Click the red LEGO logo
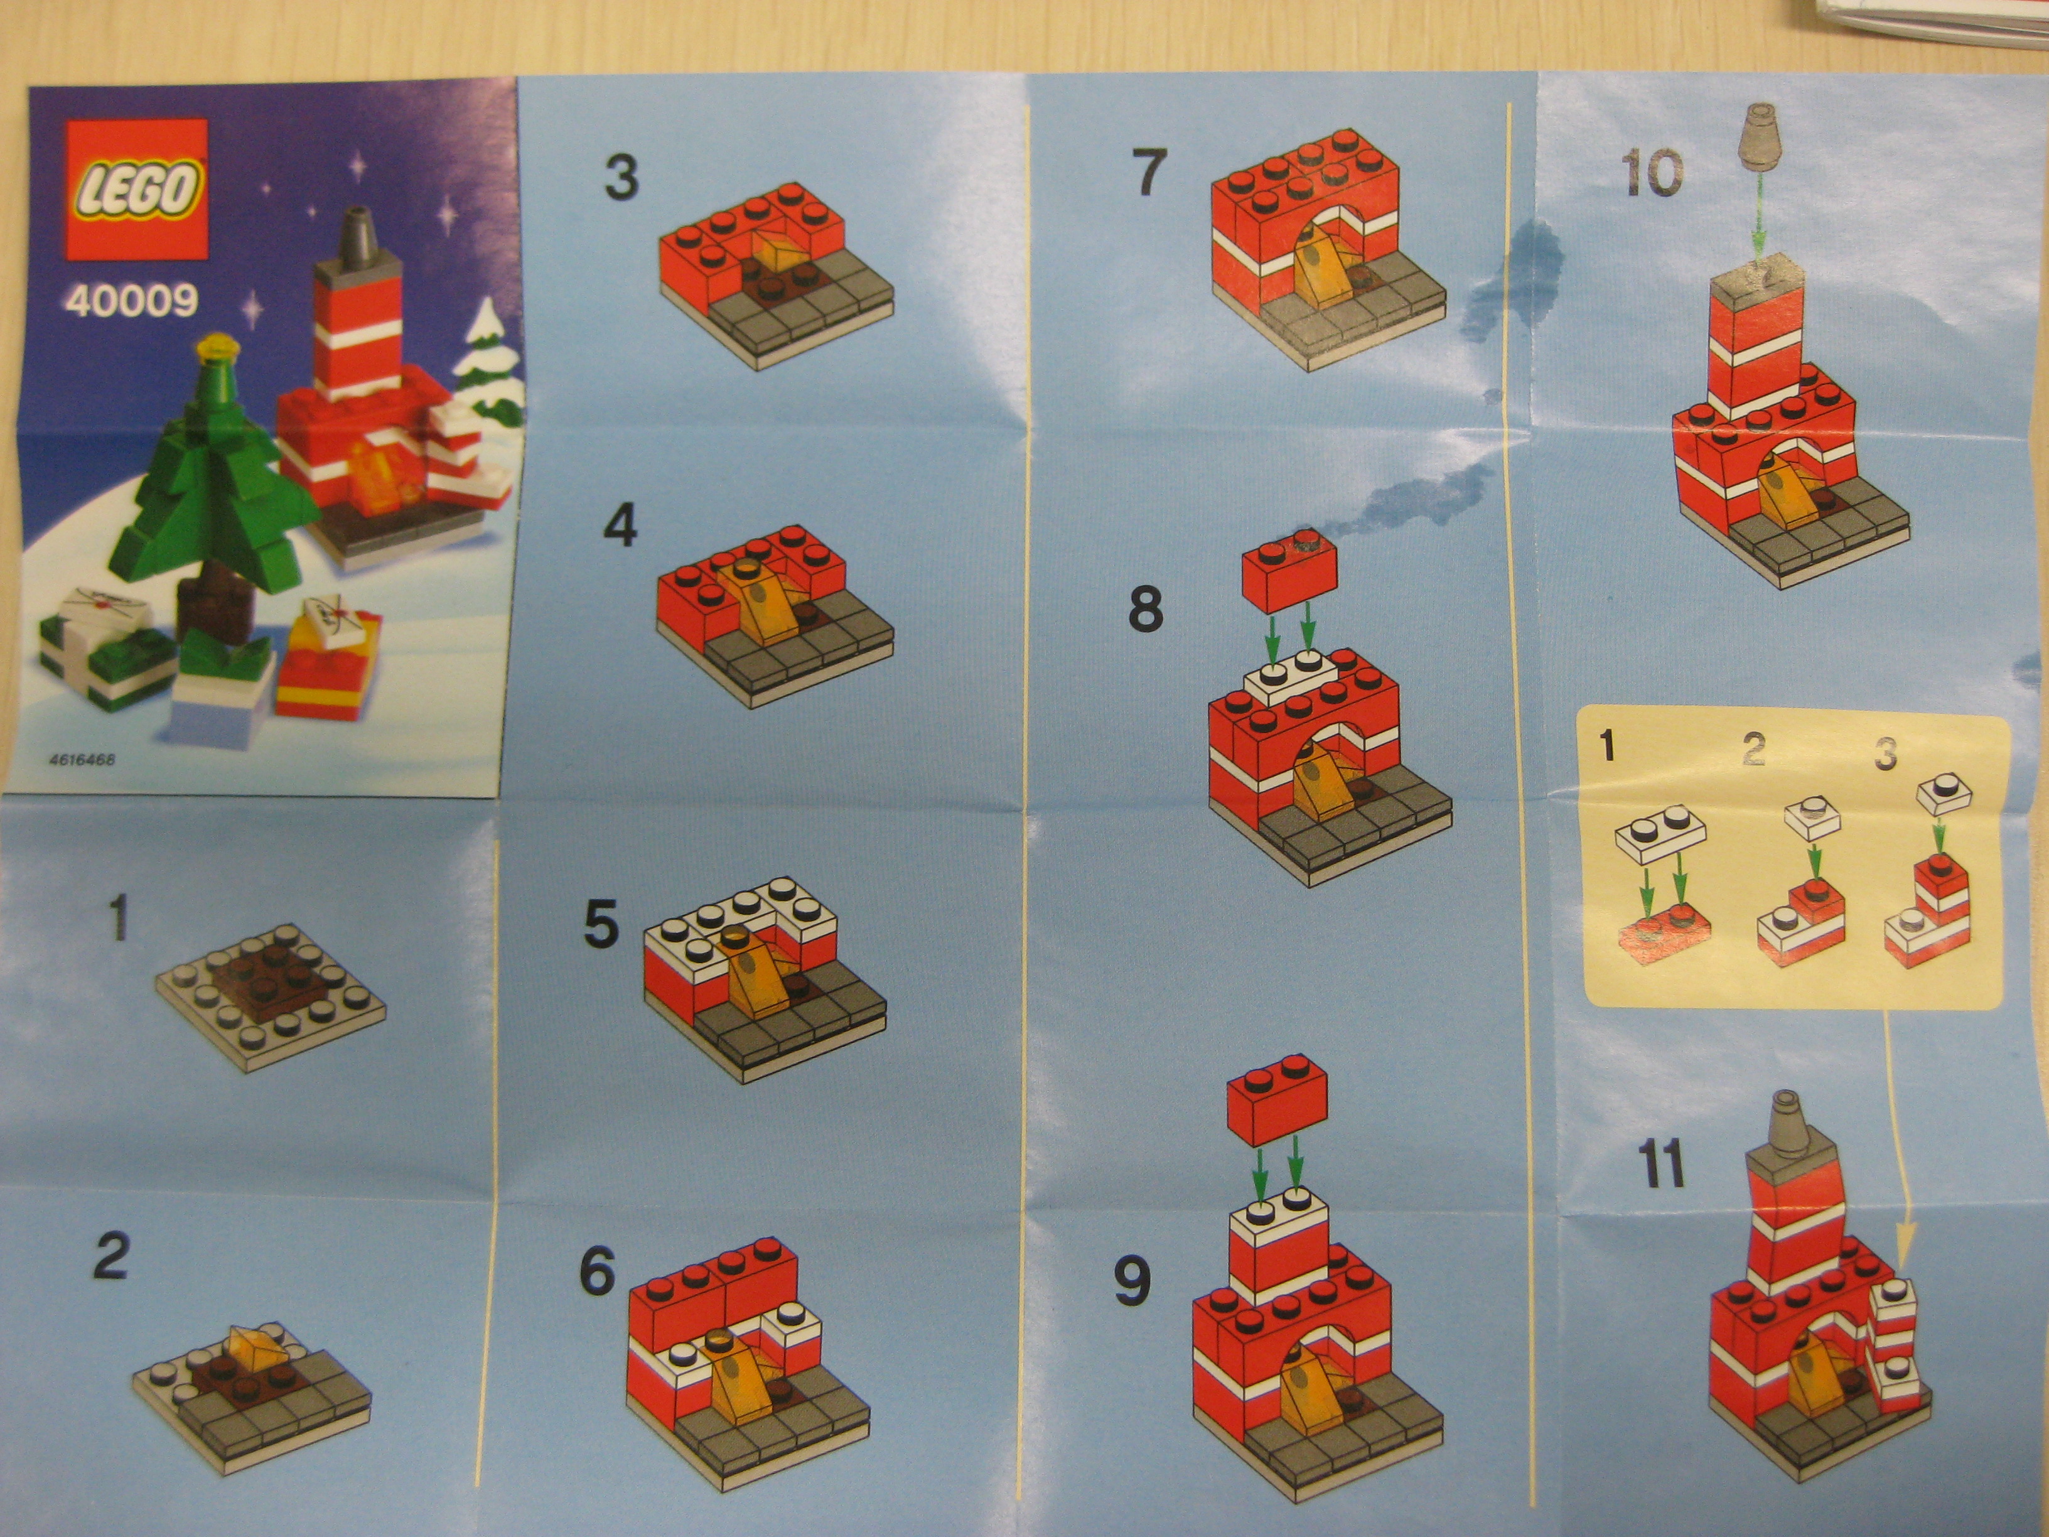[135, 190]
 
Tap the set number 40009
[132, 301]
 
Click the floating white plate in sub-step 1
[1660, 838]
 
